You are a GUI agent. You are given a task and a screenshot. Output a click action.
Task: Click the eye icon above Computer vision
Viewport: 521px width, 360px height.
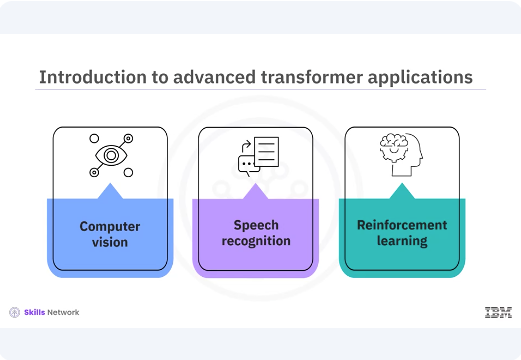110,156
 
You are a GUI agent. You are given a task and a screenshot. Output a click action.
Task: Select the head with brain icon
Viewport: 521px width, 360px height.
402,156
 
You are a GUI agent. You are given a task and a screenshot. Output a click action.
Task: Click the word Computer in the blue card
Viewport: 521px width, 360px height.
110,226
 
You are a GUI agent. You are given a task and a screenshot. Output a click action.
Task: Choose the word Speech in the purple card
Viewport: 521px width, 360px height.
256,226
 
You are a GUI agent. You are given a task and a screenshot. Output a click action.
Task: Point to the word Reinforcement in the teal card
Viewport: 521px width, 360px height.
402,226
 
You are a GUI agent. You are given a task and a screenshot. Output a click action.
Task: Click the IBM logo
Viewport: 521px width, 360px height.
497,313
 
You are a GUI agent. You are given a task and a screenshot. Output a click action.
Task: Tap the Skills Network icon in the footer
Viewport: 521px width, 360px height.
14,313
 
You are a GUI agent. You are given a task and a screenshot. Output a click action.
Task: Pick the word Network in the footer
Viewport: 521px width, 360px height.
63,313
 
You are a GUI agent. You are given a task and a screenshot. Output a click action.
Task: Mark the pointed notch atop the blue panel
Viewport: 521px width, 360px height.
110,190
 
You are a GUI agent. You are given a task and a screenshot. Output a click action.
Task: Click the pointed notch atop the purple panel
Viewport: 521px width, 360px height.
256,190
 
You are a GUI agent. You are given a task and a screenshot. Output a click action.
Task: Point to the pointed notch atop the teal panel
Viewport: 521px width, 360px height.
402,190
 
